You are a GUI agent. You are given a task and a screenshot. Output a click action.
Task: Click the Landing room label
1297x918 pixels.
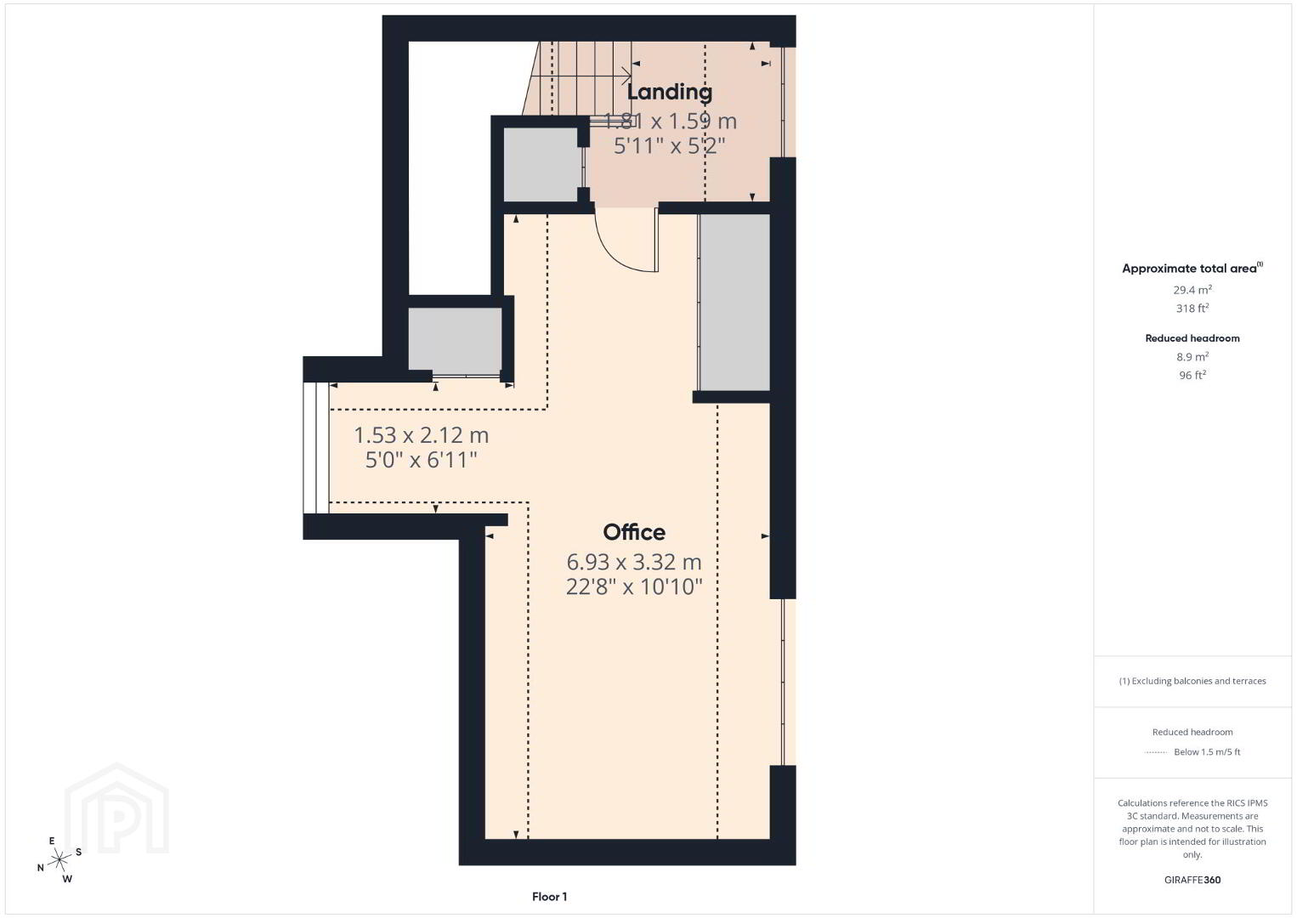670,92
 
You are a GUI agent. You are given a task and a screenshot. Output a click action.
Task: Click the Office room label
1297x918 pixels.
634,532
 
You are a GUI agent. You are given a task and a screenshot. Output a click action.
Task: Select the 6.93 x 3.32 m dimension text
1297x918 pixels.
634,562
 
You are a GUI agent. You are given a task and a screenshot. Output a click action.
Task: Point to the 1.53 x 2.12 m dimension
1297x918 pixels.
421,435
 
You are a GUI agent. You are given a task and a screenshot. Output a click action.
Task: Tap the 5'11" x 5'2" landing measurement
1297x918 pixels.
670,146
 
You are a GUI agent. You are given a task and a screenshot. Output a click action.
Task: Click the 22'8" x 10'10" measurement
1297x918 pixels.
634,586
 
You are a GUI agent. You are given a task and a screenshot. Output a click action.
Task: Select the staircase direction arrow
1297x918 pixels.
581,76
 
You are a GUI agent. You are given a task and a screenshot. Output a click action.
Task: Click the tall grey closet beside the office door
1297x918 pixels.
735,302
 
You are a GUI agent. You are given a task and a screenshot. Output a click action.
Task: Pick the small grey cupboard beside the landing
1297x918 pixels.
541,165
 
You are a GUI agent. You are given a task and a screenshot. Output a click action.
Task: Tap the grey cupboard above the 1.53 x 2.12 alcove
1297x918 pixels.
455,340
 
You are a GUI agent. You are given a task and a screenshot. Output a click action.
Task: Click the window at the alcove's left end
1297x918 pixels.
316,448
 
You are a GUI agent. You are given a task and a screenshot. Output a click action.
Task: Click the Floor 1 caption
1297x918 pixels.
550,897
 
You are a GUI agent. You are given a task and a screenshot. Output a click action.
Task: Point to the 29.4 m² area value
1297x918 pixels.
1192,290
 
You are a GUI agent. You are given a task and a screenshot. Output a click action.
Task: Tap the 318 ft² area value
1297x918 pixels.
1192,308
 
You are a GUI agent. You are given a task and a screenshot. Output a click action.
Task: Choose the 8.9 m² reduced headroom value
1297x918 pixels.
1192,357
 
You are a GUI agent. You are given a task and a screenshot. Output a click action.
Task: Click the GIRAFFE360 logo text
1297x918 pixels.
1192,880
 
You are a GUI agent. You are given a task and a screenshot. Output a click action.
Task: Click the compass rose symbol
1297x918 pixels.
59,860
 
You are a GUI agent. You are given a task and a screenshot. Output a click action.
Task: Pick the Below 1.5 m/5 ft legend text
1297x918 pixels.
1207,751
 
